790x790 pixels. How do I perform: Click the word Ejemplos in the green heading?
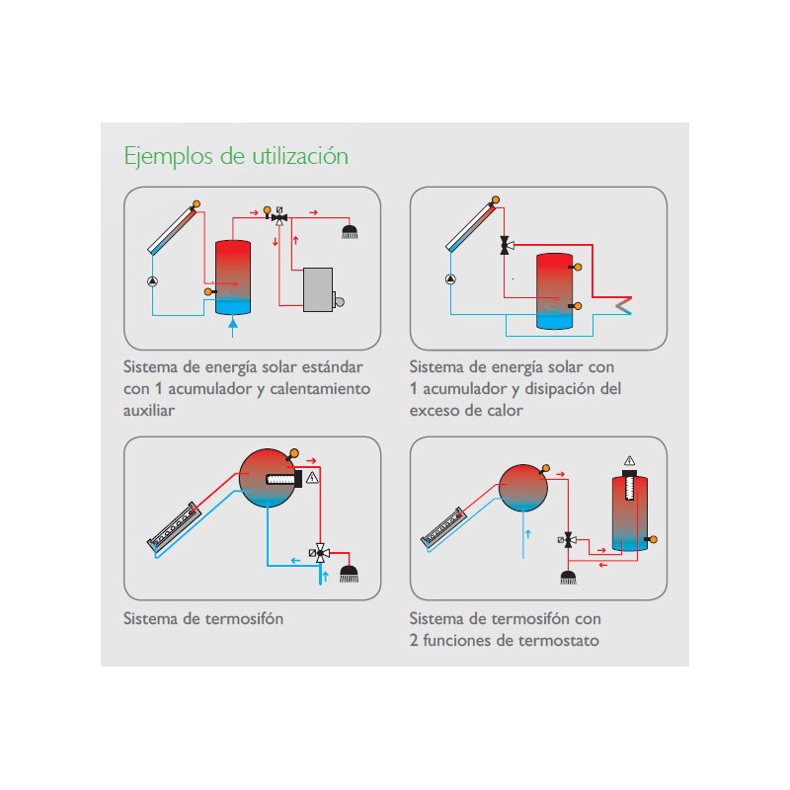pos(168,156)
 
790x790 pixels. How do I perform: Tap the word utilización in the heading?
pos(300,156)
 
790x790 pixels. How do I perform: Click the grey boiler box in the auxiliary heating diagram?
pos(318,289)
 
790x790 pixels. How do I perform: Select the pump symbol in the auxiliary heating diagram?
pos(153,281)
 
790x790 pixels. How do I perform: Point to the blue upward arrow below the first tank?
pos(233,328)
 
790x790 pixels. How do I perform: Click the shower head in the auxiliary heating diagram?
pos(350,232)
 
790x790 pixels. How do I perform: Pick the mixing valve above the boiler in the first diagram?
pos(279,217)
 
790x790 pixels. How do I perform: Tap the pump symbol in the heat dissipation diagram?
pos(451,278)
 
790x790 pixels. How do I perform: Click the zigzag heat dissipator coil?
pos(623,305)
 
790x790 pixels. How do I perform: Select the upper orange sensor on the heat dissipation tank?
pos(576,267)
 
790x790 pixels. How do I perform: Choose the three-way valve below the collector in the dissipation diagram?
pos(507,245)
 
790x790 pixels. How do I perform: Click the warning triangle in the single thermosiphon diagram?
pos(312,477)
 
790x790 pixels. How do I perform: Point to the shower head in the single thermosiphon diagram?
pos(350,574)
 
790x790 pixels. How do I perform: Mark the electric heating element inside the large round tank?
pos(284,479)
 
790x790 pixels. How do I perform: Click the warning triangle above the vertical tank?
pos(629,460)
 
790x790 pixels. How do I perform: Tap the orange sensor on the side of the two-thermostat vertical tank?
pos(652,539)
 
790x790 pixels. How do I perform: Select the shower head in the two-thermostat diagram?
pos(569,578)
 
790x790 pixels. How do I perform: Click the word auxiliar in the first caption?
pos(149,411)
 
